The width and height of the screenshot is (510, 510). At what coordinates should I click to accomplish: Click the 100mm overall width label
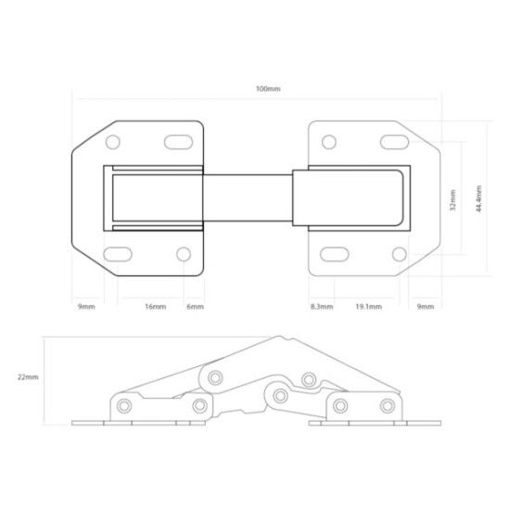(268, 88)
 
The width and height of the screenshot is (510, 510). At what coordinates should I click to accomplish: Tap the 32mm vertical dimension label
(453, 199)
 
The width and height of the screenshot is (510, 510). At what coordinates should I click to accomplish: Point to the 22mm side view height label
(29, 377)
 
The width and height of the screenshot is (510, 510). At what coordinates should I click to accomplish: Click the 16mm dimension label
(156, 306)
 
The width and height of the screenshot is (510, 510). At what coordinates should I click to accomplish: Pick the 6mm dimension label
(195, 306)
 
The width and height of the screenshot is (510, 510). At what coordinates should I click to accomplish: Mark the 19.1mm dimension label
(368, 306)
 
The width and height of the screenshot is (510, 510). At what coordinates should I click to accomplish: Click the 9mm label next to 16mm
(86, 306)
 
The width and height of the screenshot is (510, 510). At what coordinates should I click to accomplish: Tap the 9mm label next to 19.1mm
(426, 306)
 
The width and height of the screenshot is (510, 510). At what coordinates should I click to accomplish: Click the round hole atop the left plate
(113, 143)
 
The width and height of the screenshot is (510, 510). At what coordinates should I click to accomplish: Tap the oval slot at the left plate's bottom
(118, 254)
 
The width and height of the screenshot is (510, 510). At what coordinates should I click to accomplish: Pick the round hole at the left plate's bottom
(184, 254)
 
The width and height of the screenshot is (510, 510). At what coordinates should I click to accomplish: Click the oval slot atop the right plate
(393, 142)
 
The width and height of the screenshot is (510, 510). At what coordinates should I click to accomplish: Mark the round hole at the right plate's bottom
(399, 254)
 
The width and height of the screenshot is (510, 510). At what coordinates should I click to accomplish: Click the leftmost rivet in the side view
(124, 404)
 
